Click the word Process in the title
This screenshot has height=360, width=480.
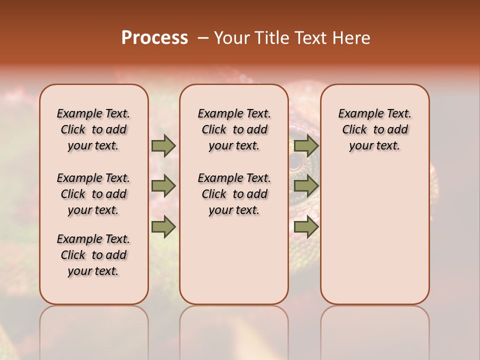pos(154,38)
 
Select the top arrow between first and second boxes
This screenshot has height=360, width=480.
pos(163,145)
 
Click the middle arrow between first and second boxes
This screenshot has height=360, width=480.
pos(163,186)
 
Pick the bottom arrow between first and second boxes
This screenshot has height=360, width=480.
pos(163,226)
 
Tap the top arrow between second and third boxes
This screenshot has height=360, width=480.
pos(306,145)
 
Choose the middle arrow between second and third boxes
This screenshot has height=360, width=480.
pos(306,186)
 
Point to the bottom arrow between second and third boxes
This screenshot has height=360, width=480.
pos(306,226)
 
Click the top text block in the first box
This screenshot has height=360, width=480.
pos(93,129)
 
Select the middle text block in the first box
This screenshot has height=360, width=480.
pos(93,194)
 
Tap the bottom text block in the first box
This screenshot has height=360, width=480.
pos(93,255)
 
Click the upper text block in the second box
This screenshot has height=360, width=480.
pos(234,129)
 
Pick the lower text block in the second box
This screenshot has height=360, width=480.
pos(234,194)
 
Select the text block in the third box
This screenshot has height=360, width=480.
pos(374,129)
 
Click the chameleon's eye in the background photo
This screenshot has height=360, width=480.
pos(296,161)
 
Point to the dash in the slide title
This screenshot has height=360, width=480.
pos(202,38)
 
